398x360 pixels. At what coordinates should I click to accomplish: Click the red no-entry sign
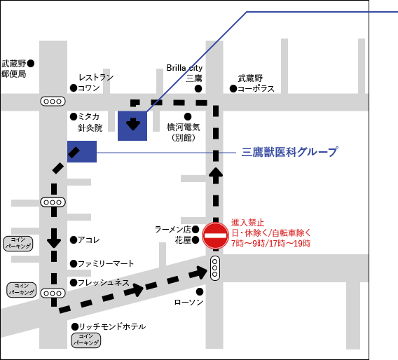[x=215, y=236]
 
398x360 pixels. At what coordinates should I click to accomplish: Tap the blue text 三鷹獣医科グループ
[x=289, y=151]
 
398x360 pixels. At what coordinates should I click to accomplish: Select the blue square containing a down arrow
[x=132, y=125]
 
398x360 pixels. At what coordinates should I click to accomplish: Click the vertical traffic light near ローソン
[x=215, y=268]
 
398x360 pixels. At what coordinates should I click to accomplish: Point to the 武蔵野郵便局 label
[x=14, y=68]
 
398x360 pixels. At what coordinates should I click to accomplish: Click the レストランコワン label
[x=96, y=83]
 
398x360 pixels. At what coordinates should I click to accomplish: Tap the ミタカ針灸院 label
[x=90, y=122]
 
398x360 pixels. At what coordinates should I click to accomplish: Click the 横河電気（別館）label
[x=184, y=132]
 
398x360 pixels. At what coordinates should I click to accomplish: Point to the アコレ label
[x=89, y=240]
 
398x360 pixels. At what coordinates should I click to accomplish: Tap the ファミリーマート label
[x=106, y=264]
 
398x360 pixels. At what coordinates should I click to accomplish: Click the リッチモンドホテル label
[x=112, y=326]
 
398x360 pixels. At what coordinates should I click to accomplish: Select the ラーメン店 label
[x=172, y=229]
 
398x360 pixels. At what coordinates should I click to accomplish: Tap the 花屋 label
[x=182, y=240]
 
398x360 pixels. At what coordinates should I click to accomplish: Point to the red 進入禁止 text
[x=248, y=222]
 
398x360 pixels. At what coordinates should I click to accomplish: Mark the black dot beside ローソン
[x=200, y=291]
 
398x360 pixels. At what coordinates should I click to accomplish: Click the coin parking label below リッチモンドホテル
[x=86, y=340]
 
